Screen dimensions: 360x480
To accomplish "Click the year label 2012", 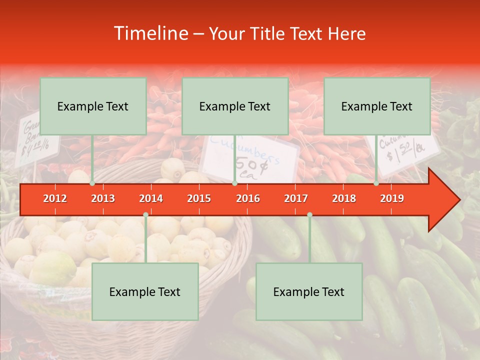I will click(55, 198).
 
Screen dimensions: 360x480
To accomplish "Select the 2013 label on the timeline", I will click(103, 198).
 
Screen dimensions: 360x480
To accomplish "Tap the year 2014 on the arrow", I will click(151, 198).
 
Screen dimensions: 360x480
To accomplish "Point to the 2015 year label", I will click(199, 198).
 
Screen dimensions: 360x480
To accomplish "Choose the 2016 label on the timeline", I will click(248, 198).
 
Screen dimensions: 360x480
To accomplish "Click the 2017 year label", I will click(296, 198).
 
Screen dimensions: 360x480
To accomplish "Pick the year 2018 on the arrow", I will click(344, 198).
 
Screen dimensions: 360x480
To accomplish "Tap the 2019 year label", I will click(392, 198).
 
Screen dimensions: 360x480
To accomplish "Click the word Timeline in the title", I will click(150, 33).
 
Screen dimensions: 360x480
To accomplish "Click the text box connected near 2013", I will click(93, 106).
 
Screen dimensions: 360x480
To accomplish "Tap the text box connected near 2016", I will click(235, 106).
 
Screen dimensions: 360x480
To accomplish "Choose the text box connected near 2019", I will click(377, 106).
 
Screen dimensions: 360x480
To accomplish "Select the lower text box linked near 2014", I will click(145, 291).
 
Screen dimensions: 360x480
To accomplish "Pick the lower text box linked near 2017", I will click(309, 291).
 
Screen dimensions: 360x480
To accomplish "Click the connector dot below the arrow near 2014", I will click(145, 215).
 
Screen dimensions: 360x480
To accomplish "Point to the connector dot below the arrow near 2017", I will click(309, 215).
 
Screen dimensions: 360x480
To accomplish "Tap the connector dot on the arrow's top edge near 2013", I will click(92, 183).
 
